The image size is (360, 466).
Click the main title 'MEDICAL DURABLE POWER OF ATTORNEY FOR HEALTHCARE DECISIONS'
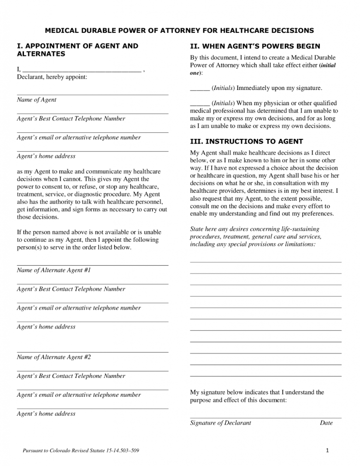coord(179,30)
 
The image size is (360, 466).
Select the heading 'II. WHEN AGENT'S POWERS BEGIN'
coord(255,46)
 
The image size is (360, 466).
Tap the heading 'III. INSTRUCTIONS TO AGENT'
coord(247,141)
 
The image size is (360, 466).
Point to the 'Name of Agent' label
coord(36,100)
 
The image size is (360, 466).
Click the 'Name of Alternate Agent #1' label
coord(53,270)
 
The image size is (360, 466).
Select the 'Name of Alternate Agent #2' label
coord(53,357)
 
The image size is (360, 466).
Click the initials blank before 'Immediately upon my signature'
coord(200,88)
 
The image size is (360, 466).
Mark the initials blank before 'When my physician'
coord(200,103)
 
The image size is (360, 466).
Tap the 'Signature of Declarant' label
coord(220,423)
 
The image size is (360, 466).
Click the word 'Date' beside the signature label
coord(326,423)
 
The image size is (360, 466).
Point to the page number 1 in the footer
coord(326,451)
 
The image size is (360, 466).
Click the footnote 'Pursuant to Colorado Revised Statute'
coord(81,451)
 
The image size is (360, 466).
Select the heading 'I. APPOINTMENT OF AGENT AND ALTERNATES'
coord(77,50)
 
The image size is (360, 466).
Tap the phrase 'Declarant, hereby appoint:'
coord(52,77)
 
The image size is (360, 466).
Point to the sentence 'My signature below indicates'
coord(257,396)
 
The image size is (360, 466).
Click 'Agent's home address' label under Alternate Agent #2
coord(46,414)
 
